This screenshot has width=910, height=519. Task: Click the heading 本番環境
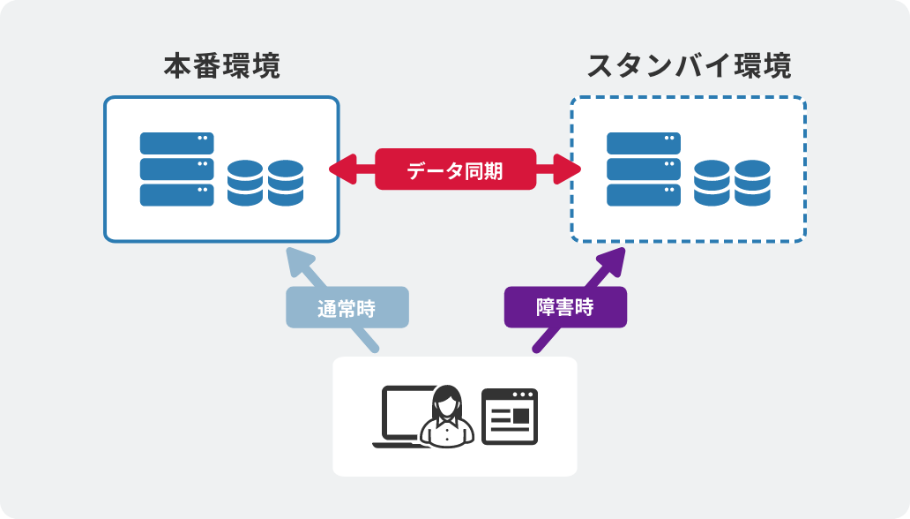click(221, 67)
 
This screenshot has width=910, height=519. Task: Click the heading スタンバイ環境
click(689, 67)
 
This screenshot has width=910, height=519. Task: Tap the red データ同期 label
click(455, 169)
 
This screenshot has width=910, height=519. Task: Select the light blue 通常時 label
click(347, 308)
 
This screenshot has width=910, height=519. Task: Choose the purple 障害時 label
click(565, 308)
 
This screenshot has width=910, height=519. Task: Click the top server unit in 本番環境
click(176, 143)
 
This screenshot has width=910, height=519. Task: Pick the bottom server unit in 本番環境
click(176, 195)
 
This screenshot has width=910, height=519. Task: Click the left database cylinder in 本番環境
click(244, 183)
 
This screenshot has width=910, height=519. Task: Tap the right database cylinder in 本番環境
click(286, 183)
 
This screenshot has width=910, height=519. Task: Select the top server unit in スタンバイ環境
click(644, 143)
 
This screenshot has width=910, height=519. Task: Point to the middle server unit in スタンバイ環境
click(644, 169)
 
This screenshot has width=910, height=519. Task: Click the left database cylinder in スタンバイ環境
click(711, 183)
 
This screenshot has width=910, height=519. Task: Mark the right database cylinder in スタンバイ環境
click(752, 183)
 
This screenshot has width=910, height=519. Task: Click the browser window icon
click(509, 417)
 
